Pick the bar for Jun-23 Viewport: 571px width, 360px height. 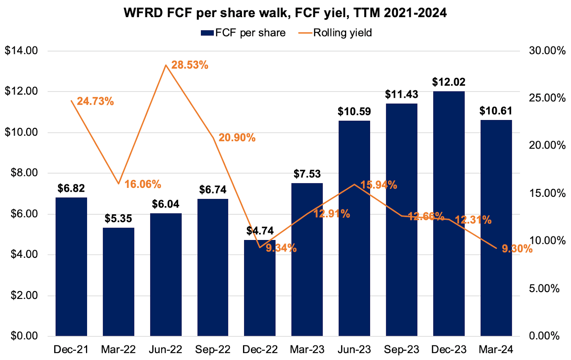(x=354, y=228)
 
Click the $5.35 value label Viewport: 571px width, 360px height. (x=118, y=218)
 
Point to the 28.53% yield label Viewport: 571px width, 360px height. (x=190, y=65)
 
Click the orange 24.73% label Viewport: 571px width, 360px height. (x=95, y=101)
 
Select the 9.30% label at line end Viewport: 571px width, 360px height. (x=517, y=249)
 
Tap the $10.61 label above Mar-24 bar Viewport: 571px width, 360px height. (x=496, y=111)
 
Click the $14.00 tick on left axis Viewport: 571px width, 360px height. (x=21, y=51)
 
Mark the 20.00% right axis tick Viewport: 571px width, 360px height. (x=547, y=145)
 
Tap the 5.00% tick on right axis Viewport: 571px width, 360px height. (x=544, y=289)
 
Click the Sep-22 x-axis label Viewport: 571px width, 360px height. (x=213, y=349)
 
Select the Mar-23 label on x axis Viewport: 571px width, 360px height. (x=307, y=349)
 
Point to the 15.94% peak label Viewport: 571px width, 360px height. (x=378, y=185)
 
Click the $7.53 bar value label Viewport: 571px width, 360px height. (x=307, y=174)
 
